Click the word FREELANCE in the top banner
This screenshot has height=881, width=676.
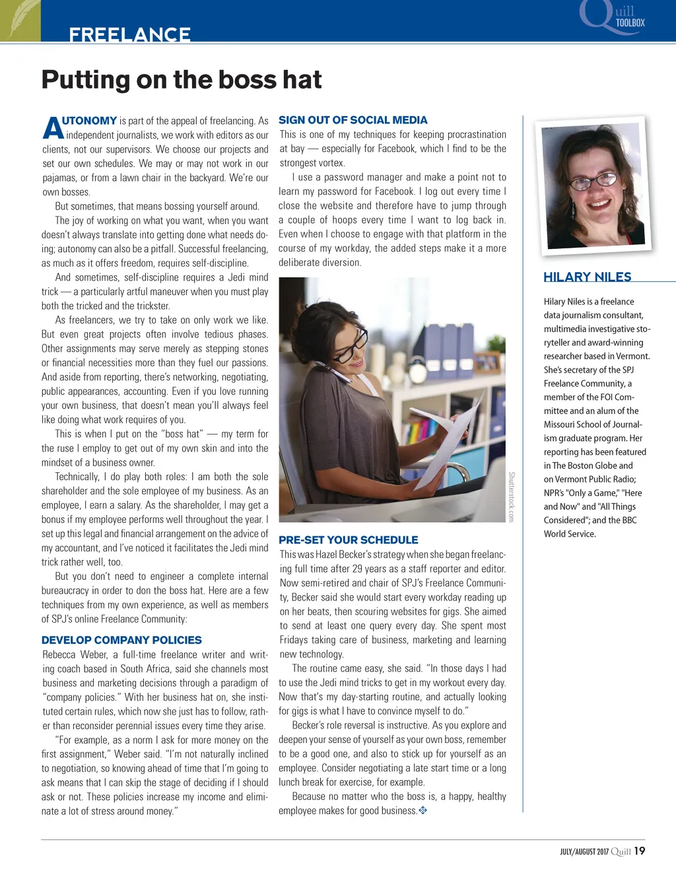129,34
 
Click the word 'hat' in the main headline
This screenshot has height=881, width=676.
302,80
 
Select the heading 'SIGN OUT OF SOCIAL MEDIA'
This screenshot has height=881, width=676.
353,120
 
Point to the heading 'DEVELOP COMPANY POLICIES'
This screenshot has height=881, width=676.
121,640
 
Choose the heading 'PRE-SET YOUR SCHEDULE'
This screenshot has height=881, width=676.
348,540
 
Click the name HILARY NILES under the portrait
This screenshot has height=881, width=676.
587,277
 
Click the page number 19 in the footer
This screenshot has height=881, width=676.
639,851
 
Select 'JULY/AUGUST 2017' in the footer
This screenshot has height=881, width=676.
584,852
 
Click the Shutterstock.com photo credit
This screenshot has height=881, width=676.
511,497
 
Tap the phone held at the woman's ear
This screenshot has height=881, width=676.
333,374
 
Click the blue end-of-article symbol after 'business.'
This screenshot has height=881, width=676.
423,810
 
